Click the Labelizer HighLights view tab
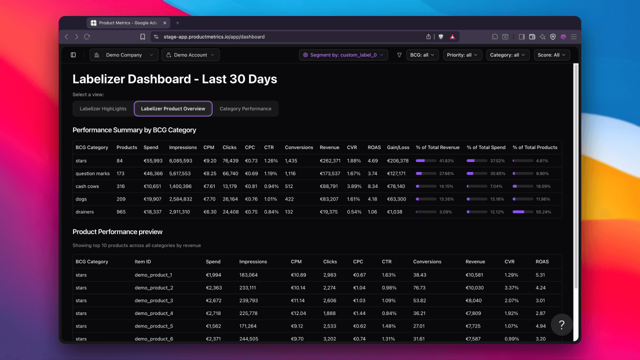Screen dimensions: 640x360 coord(103,108)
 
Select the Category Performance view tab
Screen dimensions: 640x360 coord(245,108)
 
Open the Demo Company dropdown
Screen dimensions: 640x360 coord(123,55)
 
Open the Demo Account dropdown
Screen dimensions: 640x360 coord(190,55)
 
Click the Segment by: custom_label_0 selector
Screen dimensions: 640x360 coord(343,55)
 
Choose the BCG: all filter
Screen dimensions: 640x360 coord(422,55)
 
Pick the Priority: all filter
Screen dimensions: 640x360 coord(462,55)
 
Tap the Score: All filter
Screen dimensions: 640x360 coord(551,55)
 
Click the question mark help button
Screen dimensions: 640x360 coord(561,324)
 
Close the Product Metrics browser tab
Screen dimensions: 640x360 coord(165,23)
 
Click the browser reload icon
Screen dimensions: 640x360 coord(87,36)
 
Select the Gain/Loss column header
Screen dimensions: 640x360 coord(398,147)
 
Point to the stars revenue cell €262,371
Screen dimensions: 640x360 coord(330,160)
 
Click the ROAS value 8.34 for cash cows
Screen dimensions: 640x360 coord(372,186)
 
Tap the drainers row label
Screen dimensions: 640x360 coord(84,211)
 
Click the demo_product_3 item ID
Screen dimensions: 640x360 coord(153,300)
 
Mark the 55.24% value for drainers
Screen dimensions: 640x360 coord(543,212)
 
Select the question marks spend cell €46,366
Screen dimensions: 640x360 coord(153,173)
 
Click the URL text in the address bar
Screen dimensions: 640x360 coord(214,37)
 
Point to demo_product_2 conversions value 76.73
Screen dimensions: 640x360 coord(419,287)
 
